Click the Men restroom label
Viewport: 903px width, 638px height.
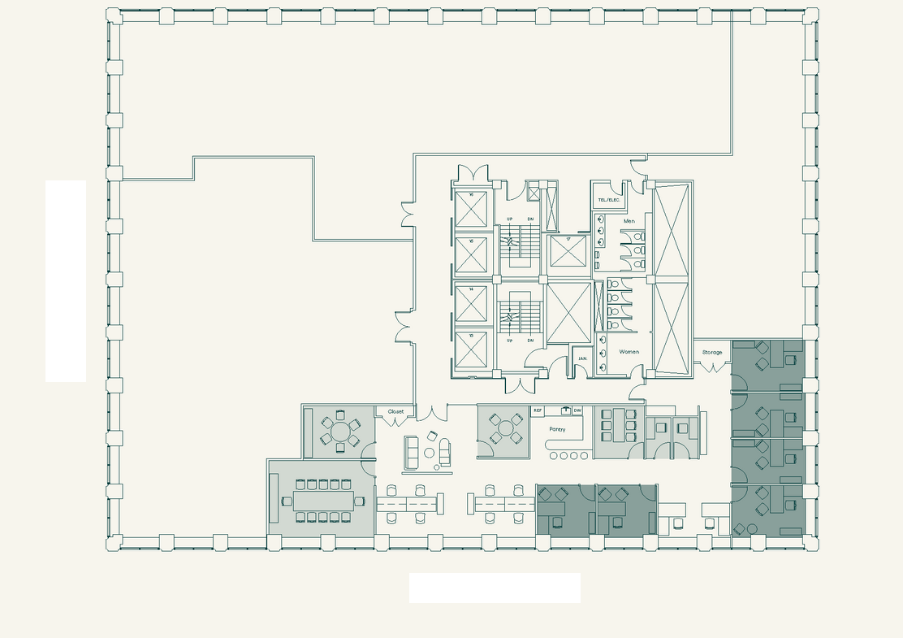pyautogui.click(x=629, y=221)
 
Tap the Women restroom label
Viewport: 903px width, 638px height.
pyautogui.click(x=629, y=352)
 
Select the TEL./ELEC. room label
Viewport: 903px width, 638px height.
pyautogui.click(x=609, y=200)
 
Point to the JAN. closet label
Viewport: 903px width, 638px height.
pyautogui.click(x=582, y=358)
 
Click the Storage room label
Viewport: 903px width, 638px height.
pyautogui.click(x=712, y=352)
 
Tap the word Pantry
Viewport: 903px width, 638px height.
pyautogui.click(x=557, y=429)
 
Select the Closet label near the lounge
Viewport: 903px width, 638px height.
pyautogui.click(x=395, y=412)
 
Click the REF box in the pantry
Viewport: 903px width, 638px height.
pyautogui.click(x=538, y=411)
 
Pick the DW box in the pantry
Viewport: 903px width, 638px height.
pyautogui.click(x=577, y=411)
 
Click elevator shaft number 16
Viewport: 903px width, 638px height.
pyautogui.click(x=471, y=210)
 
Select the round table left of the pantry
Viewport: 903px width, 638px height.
pyautogui.click(x=505, y=429)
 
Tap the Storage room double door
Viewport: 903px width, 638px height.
pyautogui.click(x=712, y=367)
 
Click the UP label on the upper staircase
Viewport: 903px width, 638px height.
pyautogui.click(x=510, y=219)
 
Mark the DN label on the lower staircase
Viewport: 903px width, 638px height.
pyautogui.click(x=530, y=341)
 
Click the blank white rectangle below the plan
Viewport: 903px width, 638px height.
pyautogui.click(x=495, y=588)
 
